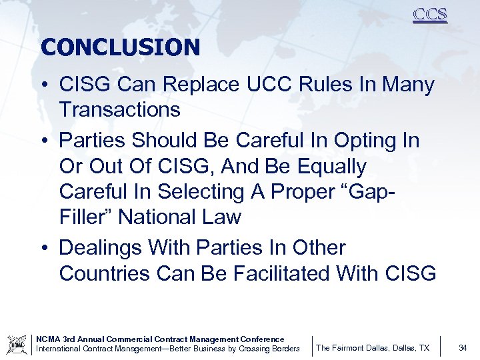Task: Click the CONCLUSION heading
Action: tap(120, 47)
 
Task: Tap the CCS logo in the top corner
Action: tap(429, 15)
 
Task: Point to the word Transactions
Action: tap(119, 110)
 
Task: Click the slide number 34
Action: tap(463, 347)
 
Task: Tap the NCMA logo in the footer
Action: tap(17, 345)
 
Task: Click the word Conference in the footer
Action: tap(260, 339)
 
